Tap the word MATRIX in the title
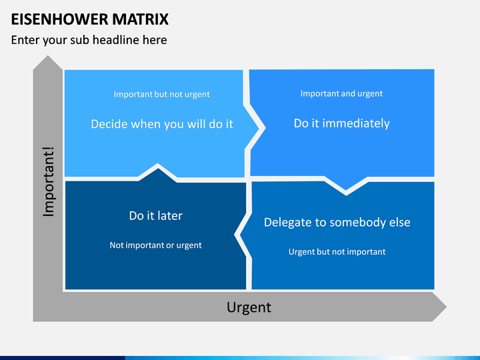[140, 19]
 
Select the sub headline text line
[89, 40]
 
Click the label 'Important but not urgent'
[161, 94]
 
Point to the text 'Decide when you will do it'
[162, 124]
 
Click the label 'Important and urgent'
[341, 94]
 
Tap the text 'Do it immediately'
[341, 123]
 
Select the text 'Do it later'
[155, 216]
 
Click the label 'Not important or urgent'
[155, 245]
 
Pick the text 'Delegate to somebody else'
[337, 223]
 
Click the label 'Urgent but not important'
[337, 252]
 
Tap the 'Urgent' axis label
[249, 307]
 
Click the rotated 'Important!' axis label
[49, 182]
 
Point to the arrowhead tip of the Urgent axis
[446, 307]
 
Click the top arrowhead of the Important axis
[48, 56]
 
